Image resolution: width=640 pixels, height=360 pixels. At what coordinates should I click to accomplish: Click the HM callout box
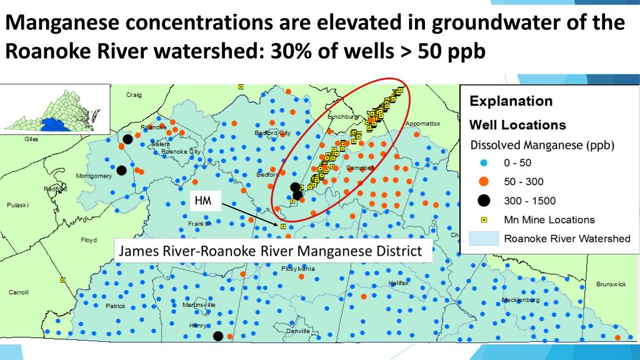pyautogui.click(x=203, y=201)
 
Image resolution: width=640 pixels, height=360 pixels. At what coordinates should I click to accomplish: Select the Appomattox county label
pyautogui.click(x=423, y=124)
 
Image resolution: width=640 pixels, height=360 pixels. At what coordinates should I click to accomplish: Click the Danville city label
pyautogui.click(x=297, y=331)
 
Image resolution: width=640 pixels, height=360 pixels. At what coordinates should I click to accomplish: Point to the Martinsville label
pyautogui.click(x=199, y=305)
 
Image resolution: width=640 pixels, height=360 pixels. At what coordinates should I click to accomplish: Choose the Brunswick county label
pyautogui.click(x=611, y=284)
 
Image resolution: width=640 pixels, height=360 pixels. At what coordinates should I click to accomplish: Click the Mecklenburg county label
pyautogui.click(x=521, y=300)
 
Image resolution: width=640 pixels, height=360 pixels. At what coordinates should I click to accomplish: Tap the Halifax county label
pyautogui.click(x=398, y=283)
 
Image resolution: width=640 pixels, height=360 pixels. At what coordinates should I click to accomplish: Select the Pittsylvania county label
pyautogui.click(x=298, y=269)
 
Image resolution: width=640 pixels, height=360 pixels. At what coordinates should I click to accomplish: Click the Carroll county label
pyautogui.click(x=18, y=292)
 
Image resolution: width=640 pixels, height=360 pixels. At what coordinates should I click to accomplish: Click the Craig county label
pyautogui.click(x=134, y=95)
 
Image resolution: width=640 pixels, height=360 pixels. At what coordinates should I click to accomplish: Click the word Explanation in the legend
pyautogui.click(x=511, y=101)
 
